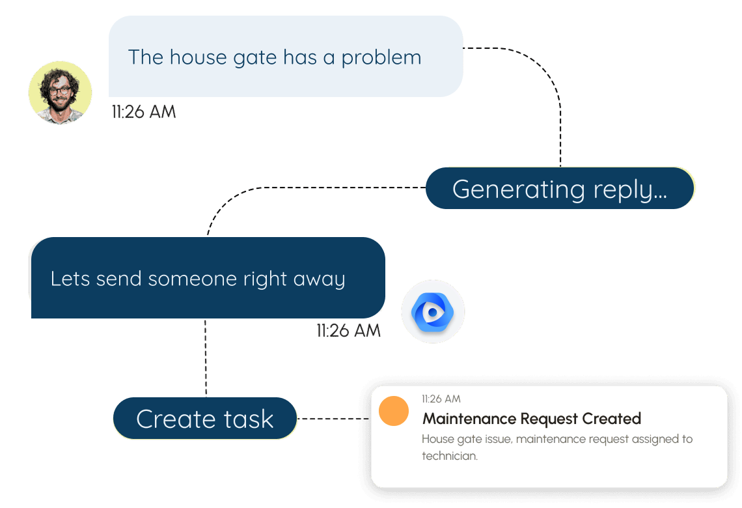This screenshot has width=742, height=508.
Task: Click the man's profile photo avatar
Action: pos(61,92)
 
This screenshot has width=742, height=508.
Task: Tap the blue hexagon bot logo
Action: pos(433,312)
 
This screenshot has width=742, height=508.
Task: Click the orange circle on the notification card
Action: pos(394,411)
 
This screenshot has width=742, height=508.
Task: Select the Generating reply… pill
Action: pos(560,189)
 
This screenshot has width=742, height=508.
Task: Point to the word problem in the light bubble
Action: pos(381,58)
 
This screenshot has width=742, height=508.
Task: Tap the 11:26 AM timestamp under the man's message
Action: pos(143,112)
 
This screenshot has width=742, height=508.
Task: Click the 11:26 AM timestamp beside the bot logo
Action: pos(348,331)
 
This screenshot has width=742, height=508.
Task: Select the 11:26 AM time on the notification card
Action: pos(441,399)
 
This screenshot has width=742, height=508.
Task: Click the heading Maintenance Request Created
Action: pos(532,419)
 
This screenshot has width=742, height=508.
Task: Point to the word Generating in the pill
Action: pos(510,190)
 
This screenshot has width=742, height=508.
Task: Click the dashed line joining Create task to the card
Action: pos(334,419)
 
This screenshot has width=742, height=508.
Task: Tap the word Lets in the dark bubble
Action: pos(70,279)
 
